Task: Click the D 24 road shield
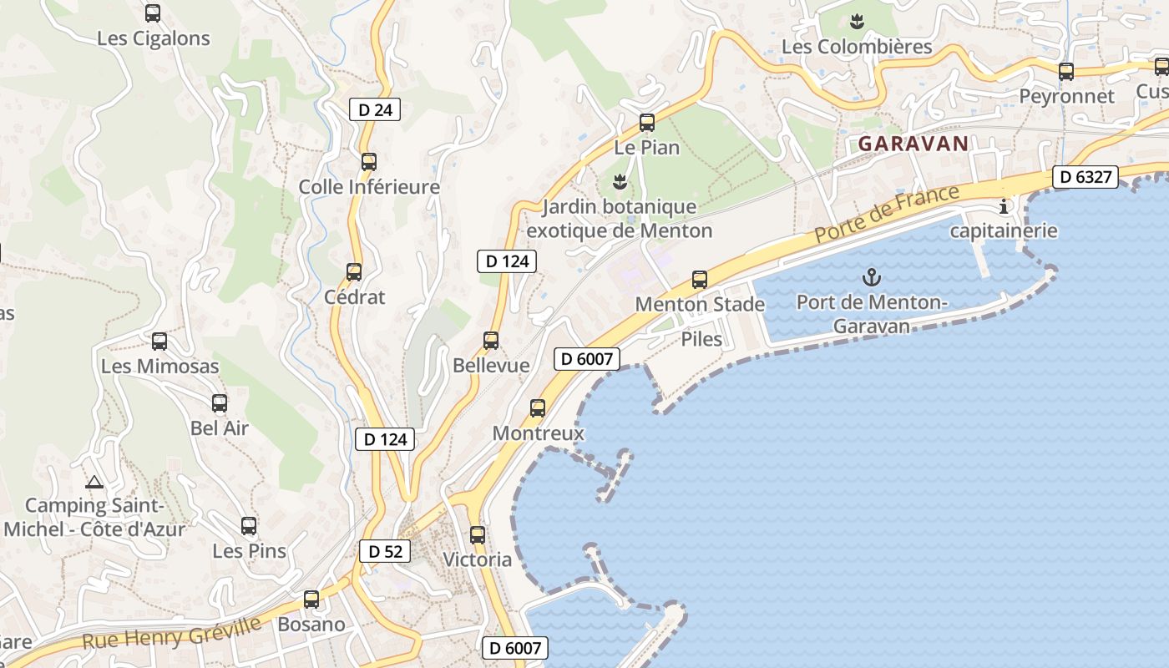(375, 109)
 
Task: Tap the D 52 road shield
(385, 551)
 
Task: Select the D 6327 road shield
(1085, 177)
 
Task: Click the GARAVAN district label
(913, 144)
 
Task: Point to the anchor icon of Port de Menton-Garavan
(872, 276)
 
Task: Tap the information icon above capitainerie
(1004, 206)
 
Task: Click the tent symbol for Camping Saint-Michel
(94, 482)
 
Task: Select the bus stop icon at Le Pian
(647, 123)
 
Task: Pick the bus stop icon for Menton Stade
(700, 280)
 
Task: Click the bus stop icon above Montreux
(538, 408)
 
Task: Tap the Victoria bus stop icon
(478, 535)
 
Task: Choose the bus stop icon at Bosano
(311, 600)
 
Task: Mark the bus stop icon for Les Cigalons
(153, 13)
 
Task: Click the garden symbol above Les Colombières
(857, 20)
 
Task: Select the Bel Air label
(220, 428)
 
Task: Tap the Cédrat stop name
(355, 297)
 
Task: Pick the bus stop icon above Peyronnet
(1066, 72)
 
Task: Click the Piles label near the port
(701, 339)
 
